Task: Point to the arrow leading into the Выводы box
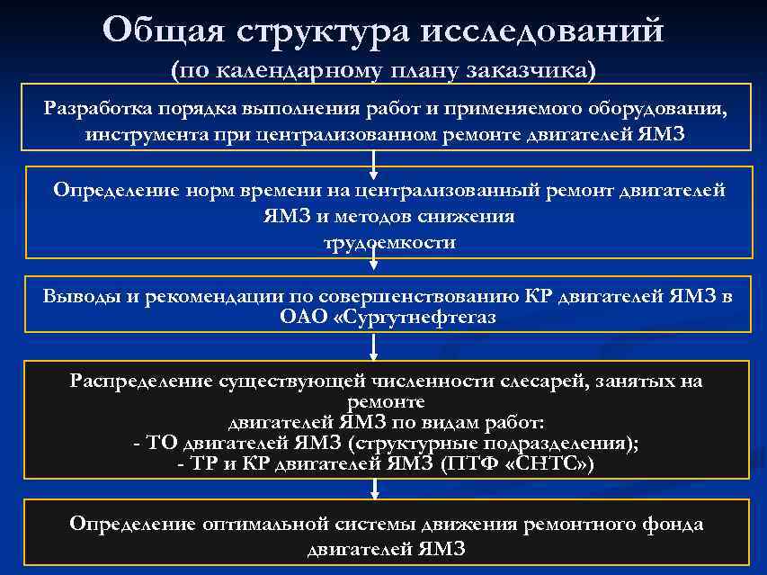(x=374, y=269)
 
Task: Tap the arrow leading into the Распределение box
(x=374, y=347)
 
